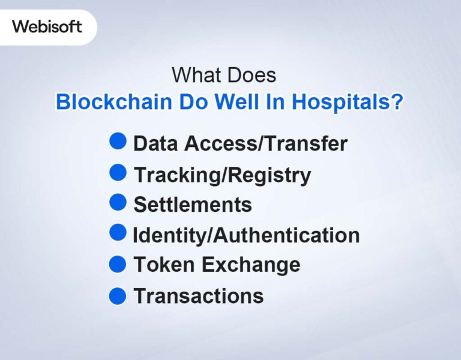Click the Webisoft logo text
click(47, 27)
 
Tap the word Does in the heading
click(253, 76)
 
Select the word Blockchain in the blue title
click(114, 101)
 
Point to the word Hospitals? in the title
click(346, 101)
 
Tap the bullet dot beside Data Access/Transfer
click(118, 142)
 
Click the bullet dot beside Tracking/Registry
click(118, 173)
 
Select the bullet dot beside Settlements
click(118, 203)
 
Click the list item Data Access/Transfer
click(240, 144)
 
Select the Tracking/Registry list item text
click(222, 175)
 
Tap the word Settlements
click(193, 205)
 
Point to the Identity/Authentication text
click(246, 235)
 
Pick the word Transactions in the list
click(198, 296)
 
